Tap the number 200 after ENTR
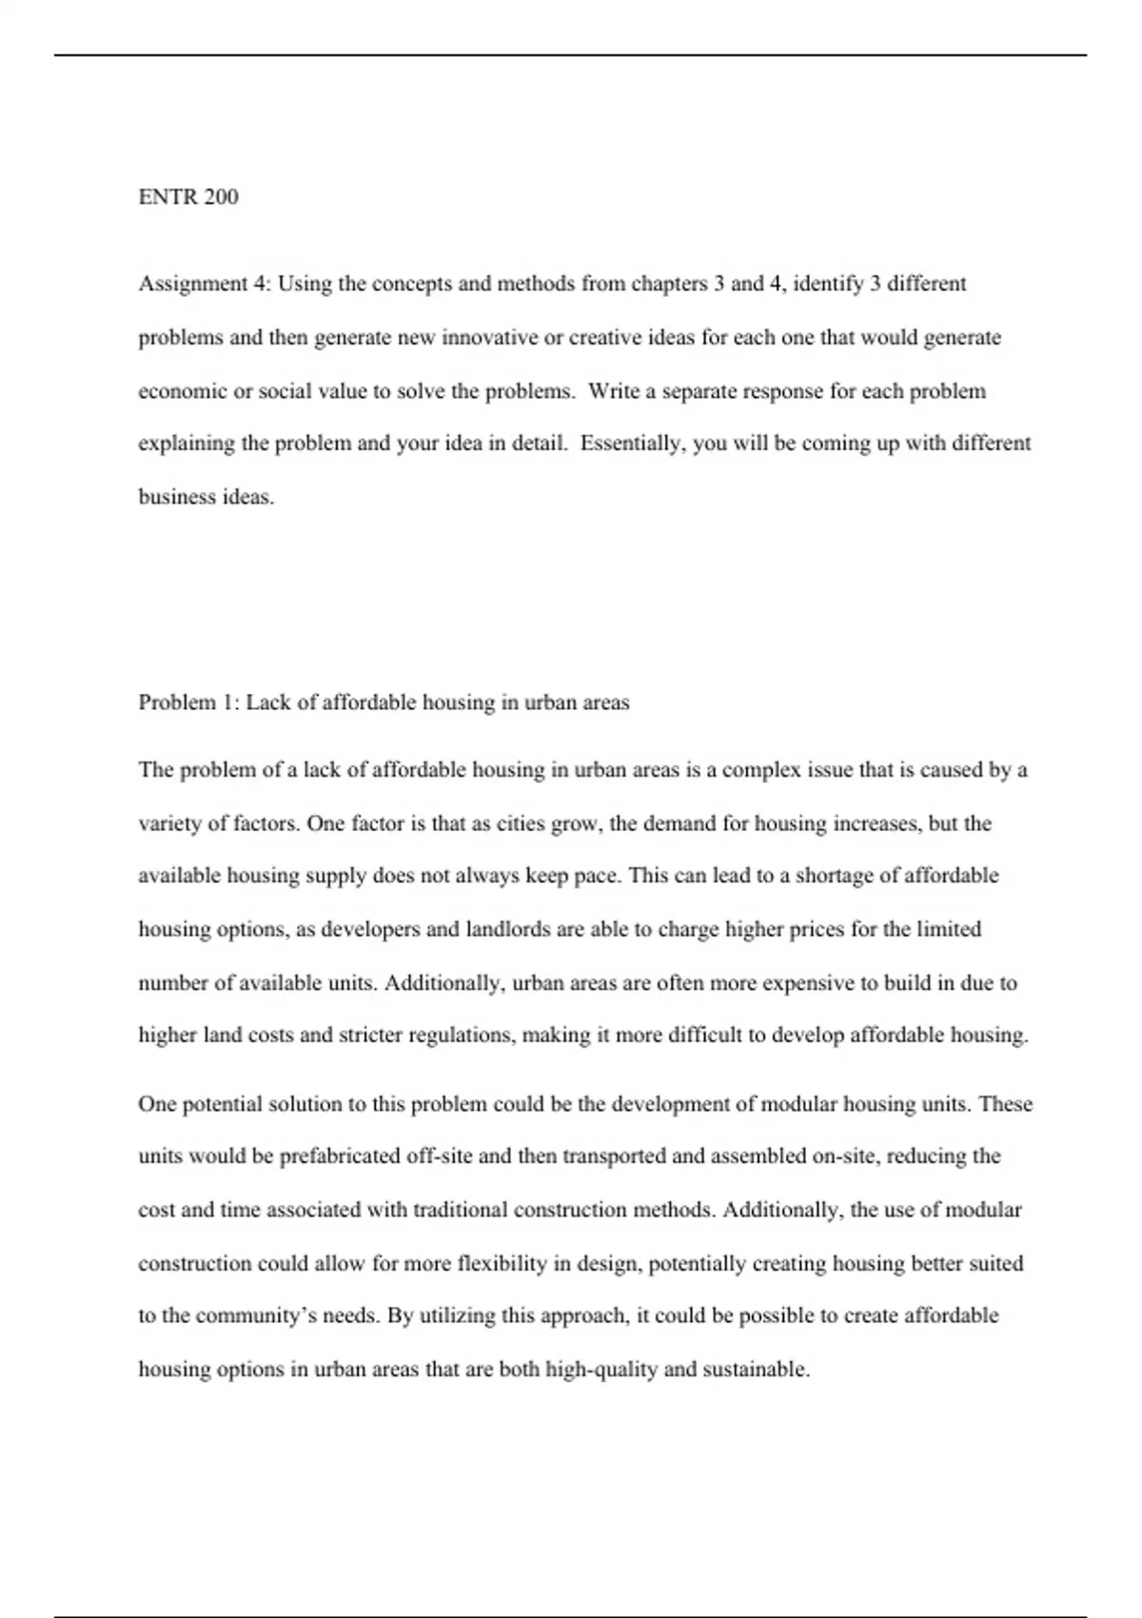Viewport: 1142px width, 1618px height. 220,197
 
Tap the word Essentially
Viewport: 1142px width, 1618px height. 632,444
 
